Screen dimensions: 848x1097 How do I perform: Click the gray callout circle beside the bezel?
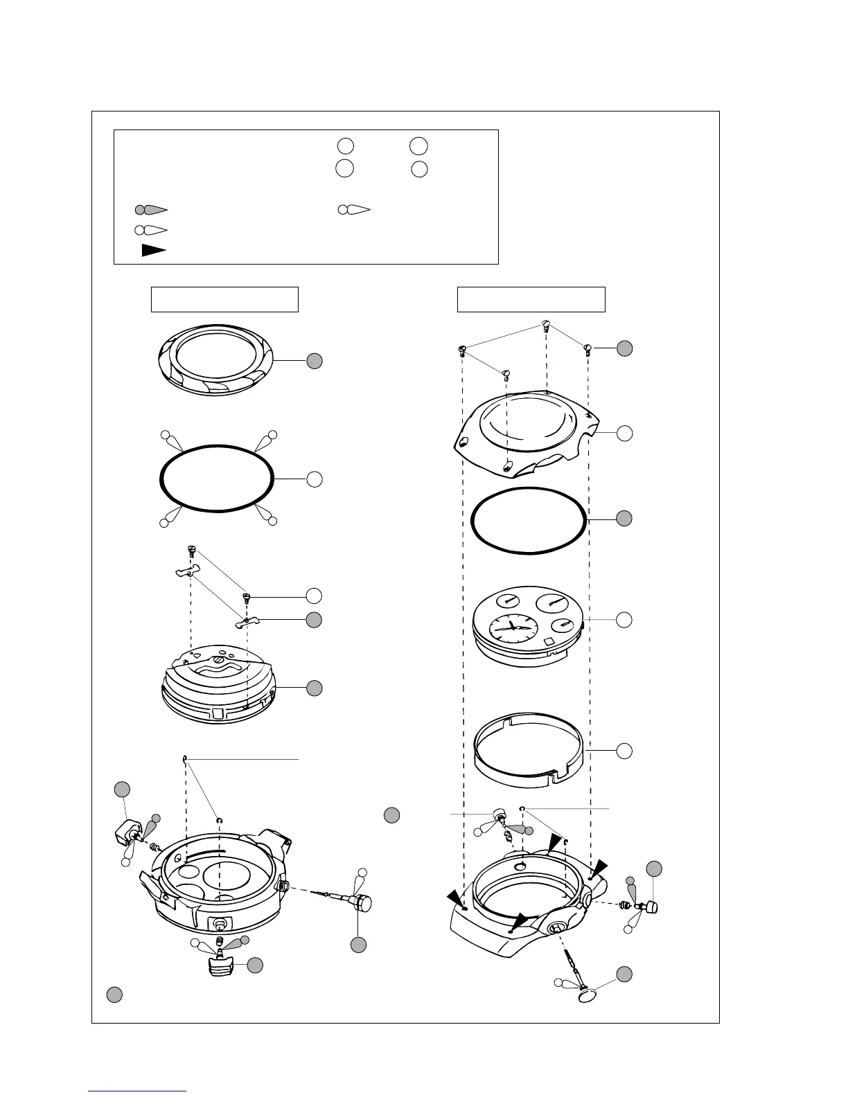coord(315,361)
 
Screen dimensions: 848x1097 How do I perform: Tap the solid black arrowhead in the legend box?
coord(153,251)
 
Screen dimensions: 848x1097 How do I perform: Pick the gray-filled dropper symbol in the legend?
coord(151,209)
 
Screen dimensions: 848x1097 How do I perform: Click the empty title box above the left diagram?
coord(224,299)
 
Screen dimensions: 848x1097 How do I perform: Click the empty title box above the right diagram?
coord(531,299)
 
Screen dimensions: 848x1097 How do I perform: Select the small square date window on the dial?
coord(548,642)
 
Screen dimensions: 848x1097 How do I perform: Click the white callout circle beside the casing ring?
coord(624,749)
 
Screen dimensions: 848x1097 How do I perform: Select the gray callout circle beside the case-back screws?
coord(624,348)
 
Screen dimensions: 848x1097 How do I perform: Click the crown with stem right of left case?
coord(360,902)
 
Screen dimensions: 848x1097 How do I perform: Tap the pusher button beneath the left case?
coord(220,965)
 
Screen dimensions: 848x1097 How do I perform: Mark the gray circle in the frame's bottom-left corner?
coord(115,995)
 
